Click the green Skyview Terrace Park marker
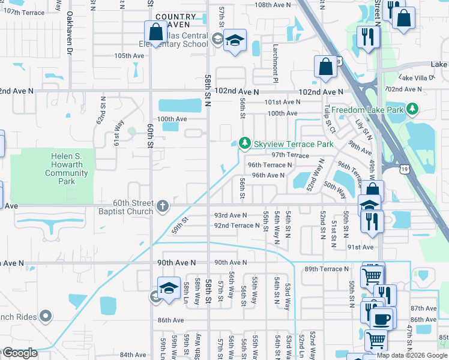(244, 143)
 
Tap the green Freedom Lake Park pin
(412, 109)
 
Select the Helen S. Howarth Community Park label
(67, 169)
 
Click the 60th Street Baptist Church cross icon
(162, 207)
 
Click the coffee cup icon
(381, 317)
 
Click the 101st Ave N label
(282, 103)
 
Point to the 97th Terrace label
(290, 155)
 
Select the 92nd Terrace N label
(237, 226)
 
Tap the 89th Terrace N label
(327, 269)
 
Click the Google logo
(19, 353)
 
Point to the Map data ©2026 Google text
(412, 355)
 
